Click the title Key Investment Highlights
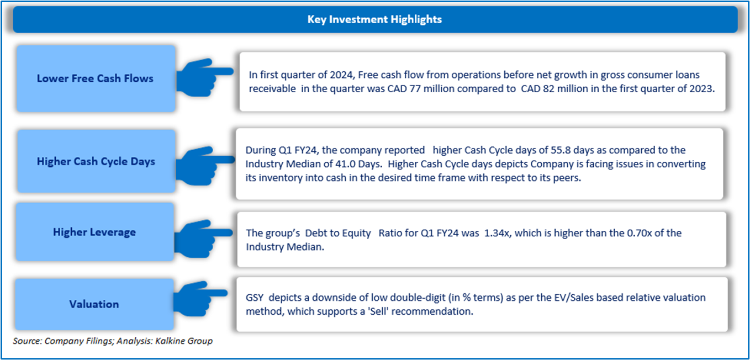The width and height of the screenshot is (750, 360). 374,19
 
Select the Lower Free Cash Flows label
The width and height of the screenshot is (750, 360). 95,78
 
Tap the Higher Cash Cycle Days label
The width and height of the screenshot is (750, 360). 96,161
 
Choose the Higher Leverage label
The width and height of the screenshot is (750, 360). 94,232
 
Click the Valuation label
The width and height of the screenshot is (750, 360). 94,304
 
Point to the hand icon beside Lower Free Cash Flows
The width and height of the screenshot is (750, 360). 204,78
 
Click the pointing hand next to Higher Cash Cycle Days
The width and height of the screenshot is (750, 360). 205,166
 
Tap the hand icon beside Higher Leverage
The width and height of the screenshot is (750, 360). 204,239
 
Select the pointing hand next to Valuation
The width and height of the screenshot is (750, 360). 200,299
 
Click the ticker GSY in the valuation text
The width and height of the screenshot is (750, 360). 255,298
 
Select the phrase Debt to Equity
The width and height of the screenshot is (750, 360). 338,233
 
